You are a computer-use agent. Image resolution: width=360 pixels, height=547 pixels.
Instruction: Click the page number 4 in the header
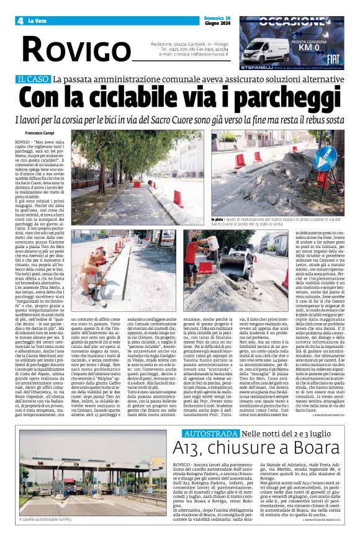pyautogui.click(x=20, y=21)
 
